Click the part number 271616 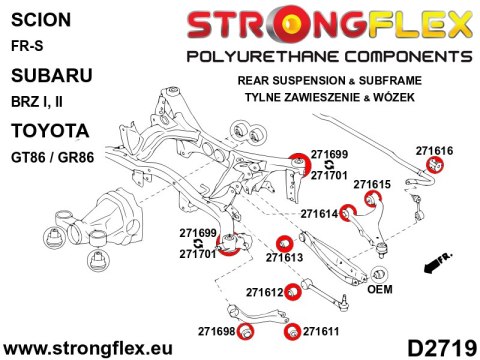pos(436,150)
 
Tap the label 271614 pos(320,213)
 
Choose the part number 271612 pos(265,292)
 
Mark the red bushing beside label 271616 pos(435,165)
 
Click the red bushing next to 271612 pos(291,292)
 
